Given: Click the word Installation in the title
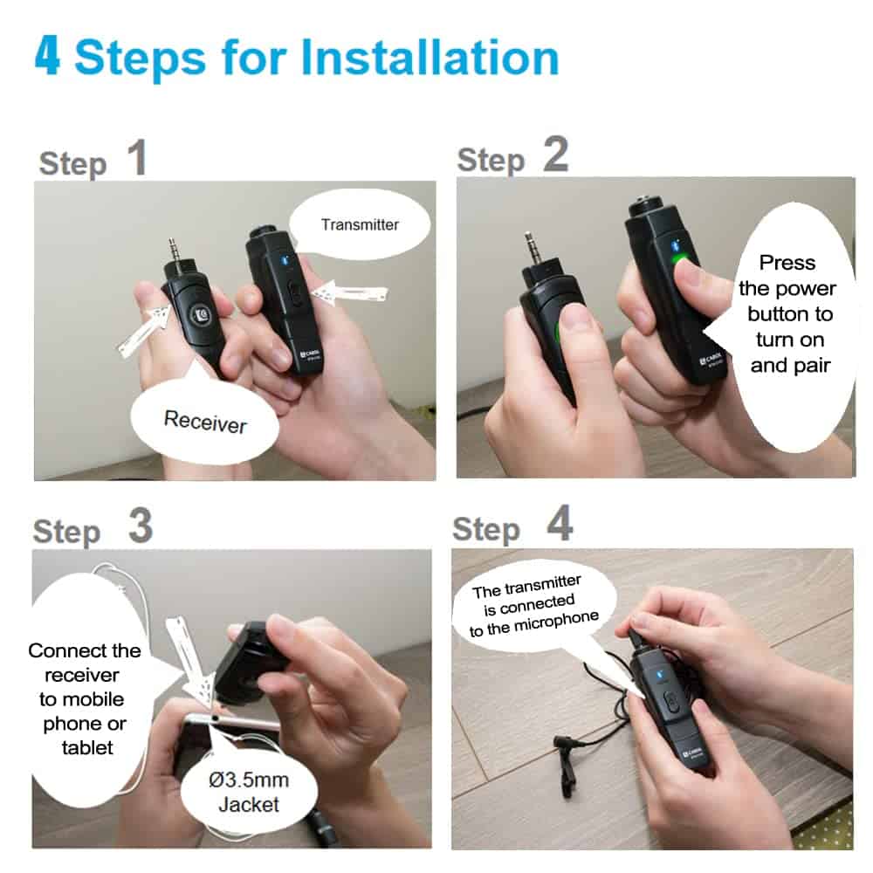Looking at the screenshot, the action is click(430, 58).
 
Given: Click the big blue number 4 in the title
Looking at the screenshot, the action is click(47, 56).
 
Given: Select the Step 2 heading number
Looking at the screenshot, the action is click(555, 155).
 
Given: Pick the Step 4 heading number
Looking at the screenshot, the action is click(560, 523).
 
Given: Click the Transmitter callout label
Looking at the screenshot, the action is click(360, 224).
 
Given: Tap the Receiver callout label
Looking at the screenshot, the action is click(205, 422).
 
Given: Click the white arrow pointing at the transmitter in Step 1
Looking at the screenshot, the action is click(350, 292).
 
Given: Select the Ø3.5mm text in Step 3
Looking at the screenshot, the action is click(249, 780).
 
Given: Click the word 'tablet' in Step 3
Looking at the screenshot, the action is click(87, 747).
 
